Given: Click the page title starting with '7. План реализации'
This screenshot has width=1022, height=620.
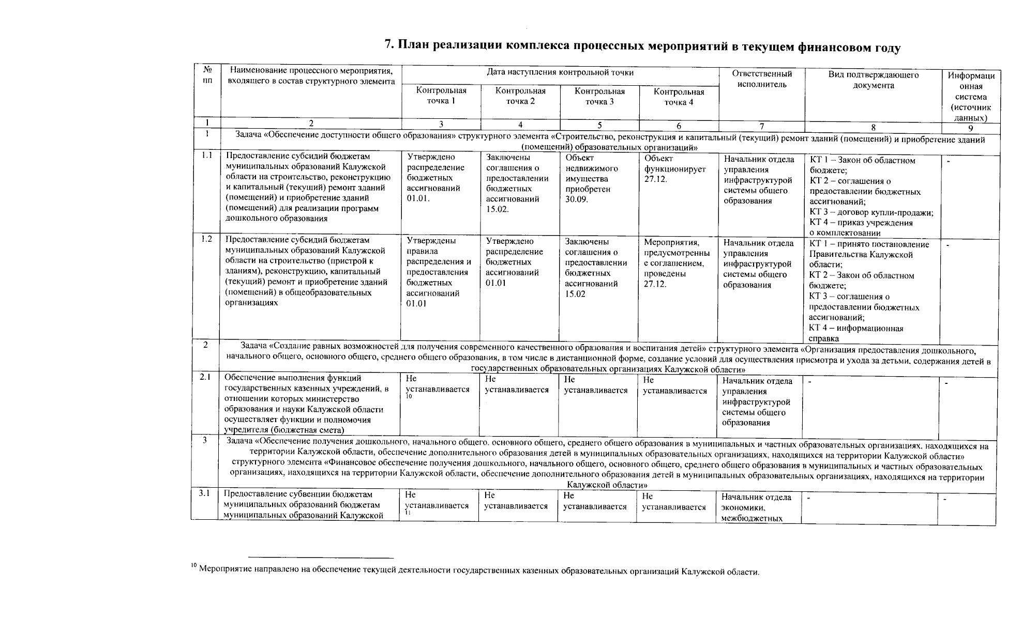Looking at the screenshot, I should click(x=643, y=47).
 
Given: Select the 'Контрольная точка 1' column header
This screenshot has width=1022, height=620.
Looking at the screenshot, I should click(x=441, y=96).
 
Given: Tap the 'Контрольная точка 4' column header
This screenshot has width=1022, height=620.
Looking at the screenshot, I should click(x=679, y=97).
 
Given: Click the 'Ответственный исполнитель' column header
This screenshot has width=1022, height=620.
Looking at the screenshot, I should click(x=761, y=79).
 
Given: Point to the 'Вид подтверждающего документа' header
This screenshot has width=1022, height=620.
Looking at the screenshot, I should click(x=873, y=80).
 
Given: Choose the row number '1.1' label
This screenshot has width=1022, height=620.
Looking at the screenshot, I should click(x=207, y=155).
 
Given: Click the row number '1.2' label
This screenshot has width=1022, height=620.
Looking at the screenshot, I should click(x=206, y=239).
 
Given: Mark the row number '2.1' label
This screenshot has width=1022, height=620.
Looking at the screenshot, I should click(x=205, y=378).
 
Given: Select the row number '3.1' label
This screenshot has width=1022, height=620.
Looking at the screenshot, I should click(x=204, y=493).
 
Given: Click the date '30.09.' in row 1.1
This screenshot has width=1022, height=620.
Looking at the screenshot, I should click(x=577, y=199).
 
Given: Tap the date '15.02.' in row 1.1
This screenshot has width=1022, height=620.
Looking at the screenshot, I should click(x=498, y=209).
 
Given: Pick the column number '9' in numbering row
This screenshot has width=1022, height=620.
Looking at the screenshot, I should click(x=971, y=128).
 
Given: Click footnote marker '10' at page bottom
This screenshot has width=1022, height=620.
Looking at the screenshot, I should click(x=193, y=567).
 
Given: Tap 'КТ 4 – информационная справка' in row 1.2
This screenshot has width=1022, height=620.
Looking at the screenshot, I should click(x=856, y=333).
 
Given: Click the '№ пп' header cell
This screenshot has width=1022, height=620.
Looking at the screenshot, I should click(x=207, y=75).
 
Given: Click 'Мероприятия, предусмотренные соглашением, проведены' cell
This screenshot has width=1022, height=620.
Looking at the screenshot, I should click(x=676, y=263).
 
